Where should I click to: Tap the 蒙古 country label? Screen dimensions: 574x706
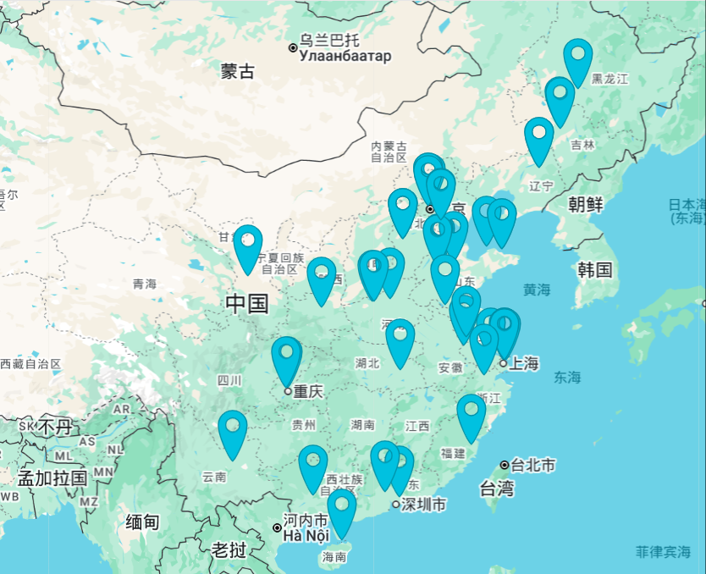(238, 71)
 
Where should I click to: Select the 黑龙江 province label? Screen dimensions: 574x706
(609, 79)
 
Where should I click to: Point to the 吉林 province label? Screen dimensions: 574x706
(582, 145)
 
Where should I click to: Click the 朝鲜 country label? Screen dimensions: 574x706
(585, 204)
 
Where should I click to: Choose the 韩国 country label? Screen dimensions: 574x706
(594, 269)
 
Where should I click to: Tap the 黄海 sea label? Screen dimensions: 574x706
(536, 290)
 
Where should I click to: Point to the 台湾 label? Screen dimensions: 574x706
(497, 488)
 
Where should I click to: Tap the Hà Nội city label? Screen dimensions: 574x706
(305, 536)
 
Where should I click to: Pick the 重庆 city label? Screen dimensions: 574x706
(308, 391)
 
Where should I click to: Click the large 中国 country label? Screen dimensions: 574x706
(247, 303)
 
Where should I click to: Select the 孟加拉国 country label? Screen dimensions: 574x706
(52, 477)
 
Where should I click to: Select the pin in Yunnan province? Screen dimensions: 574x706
(232, 433)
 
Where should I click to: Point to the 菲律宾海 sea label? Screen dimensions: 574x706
(663, 552)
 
